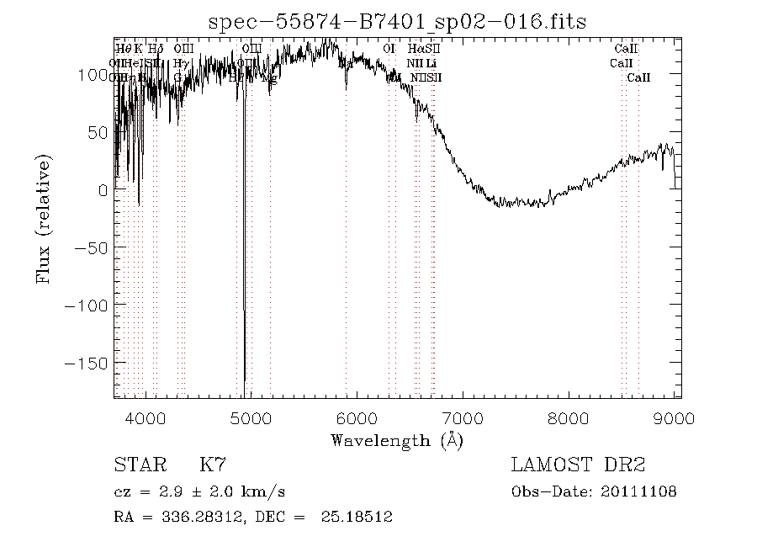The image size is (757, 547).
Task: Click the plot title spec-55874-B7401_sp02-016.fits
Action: point(397,20)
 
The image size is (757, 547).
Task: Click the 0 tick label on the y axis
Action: point(103,190)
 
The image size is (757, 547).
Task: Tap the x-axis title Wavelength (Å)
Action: point(397,440)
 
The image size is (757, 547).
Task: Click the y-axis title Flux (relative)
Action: point(45,218)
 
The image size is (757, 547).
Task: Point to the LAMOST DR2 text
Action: point(578,465)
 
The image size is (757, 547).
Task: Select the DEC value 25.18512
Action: point(357,517)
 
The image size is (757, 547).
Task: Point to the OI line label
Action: point(389,49)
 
